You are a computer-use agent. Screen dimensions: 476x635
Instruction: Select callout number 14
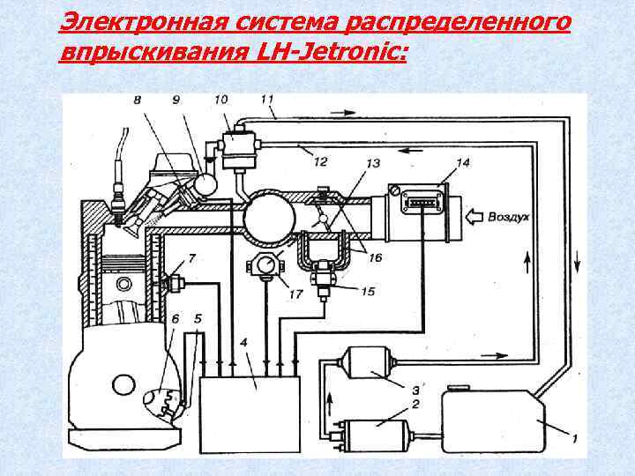464,162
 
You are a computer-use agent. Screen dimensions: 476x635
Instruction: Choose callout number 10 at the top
220,99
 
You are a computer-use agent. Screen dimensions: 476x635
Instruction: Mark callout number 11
268,99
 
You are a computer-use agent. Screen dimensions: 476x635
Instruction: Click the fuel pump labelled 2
378,433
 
